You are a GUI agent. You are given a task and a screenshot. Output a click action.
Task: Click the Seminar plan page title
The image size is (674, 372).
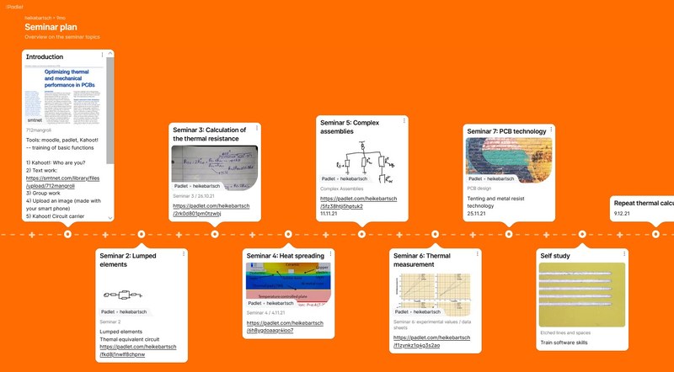click(52, 26)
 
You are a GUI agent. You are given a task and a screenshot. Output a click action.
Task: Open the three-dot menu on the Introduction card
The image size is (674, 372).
click(102, 56)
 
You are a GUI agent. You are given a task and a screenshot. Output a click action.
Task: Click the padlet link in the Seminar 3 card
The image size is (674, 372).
click(209, 210)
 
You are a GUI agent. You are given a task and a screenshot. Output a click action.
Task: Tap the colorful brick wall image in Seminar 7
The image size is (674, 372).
click(510, 156)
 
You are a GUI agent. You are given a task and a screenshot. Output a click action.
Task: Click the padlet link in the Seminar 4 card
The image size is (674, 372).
click(285, 327)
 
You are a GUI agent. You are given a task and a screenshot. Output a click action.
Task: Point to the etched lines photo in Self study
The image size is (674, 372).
click(582, 295)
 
